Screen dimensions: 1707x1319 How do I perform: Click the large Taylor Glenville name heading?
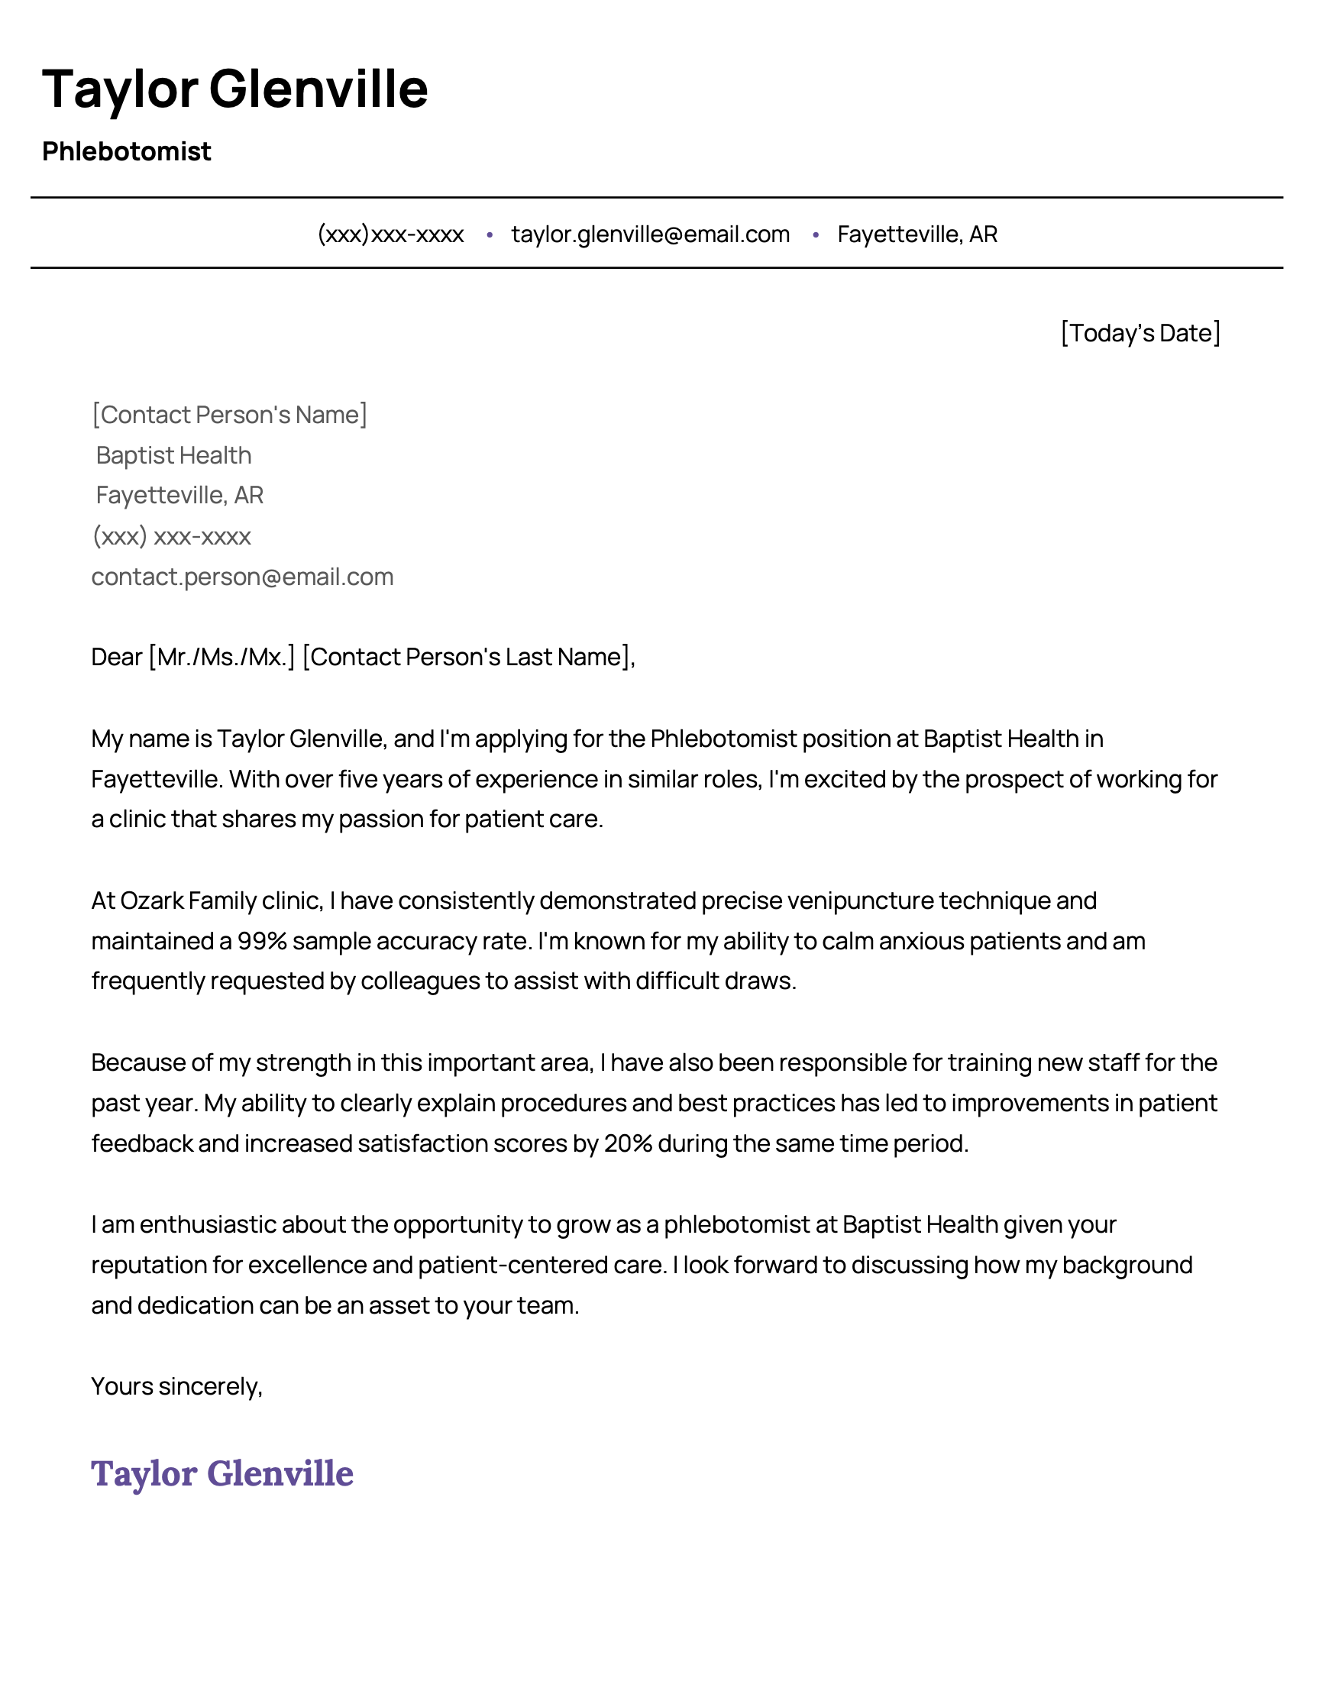click(x=234, y=89)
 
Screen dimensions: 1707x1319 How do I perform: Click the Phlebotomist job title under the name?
click(x=127, y=152)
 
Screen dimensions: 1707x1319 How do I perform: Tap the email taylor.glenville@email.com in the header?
click(x=650, y=234)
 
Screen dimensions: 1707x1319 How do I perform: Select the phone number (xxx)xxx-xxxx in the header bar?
click(x=391, y=234)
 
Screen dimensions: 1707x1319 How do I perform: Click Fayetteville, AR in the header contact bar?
click(x=917, y=234)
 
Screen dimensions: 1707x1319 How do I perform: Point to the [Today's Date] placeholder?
click(x=1140, y=333)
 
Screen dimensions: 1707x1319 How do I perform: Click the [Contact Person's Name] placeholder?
click(x=229, y=415)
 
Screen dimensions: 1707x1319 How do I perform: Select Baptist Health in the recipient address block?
click(x=173, y=456)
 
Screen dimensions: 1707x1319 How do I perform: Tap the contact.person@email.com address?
click(x=242, y=577)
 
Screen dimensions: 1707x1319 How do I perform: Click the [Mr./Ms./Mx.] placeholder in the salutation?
click(x=222, y=658)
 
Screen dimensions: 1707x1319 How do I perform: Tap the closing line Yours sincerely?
click(x=176, y=1386)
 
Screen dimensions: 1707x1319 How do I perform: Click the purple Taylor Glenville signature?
click(x=222, y=1473)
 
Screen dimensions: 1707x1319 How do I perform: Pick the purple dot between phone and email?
click(x=489, y=234)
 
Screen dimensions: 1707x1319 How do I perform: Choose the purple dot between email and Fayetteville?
click(x=815, y=234)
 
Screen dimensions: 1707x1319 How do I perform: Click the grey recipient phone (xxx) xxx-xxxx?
click(x=171, y=537)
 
